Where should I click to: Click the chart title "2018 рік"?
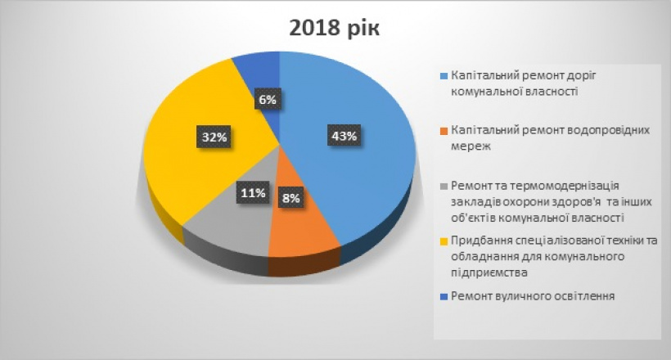click(334, 29)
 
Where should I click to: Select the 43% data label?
click(344, 136)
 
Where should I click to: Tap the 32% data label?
click(214, 137)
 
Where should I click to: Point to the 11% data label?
click(253, 193)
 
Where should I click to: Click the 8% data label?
click(291, 198)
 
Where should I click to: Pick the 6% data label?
click(268, 99)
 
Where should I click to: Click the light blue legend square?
click(444, 76)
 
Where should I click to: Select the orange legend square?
click(444, 131)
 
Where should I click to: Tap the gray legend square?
click(444, 187)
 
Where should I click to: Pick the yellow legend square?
click(444, 241)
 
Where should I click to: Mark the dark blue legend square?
click(444, 296)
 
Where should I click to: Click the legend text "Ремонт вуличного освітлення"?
click(533, 296)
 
